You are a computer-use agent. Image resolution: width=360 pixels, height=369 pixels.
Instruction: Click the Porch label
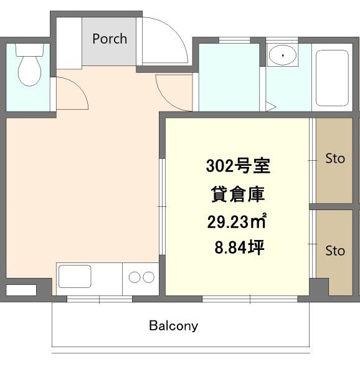point(110,39)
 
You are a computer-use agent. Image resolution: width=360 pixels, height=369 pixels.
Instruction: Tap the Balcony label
point(174,326)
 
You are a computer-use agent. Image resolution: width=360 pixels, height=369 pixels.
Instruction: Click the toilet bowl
point(30,70)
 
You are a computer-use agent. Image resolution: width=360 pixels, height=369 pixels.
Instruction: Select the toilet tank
point(30,50)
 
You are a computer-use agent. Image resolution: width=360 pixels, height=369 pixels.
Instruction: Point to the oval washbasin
point(282,55)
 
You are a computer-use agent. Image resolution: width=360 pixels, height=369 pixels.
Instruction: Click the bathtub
point(332,78)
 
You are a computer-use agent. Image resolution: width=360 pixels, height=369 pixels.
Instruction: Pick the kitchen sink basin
point(75,277)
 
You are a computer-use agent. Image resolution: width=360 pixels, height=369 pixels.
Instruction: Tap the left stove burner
point(135,277)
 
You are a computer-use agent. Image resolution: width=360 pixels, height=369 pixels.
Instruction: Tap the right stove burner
point(149,277)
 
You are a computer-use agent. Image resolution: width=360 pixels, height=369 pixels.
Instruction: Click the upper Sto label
point(335,158)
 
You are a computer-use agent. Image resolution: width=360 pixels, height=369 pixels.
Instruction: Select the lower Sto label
point(335,251)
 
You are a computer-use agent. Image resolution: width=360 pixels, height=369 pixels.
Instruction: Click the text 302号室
point(238,166)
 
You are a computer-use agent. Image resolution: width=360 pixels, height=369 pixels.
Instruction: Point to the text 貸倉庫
point(238,194)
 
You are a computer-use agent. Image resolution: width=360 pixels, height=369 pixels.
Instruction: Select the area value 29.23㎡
point(237,222)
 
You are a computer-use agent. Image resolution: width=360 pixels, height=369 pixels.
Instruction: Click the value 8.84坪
point(239,247)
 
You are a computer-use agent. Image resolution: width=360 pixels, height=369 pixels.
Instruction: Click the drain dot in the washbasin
point(283,55)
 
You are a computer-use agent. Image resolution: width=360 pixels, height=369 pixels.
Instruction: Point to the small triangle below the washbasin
point(270,107)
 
